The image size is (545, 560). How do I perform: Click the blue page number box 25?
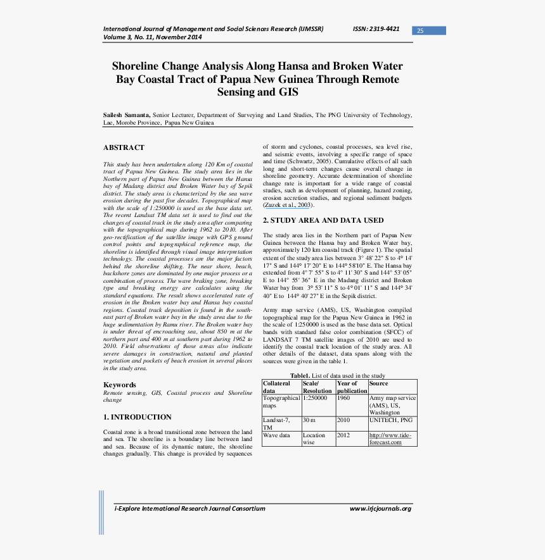pos(429,30)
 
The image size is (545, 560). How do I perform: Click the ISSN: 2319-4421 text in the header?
pos(376,29)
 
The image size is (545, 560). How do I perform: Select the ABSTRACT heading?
pos(124,147)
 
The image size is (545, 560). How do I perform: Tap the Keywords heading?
pos(120,385)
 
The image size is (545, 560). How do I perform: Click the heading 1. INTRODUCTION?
pos(138,417)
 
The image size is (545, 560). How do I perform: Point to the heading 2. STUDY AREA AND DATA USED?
pos(323,220)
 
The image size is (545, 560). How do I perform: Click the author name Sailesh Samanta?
pos(126,115)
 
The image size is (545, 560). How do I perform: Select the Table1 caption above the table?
pos(337,376)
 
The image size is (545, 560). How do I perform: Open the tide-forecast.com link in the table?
pos(390,439)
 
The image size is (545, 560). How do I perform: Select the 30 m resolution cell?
pos(309,420)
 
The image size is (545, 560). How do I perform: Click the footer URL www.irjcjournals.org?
pos(380,509)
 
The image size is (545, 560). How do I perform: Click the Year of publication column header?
pos(351,387)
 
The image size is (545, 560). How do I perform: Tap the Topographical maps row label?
pos(281,402)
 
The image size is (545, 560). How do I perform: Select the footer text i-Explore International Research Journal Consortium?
pos(189,509)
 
